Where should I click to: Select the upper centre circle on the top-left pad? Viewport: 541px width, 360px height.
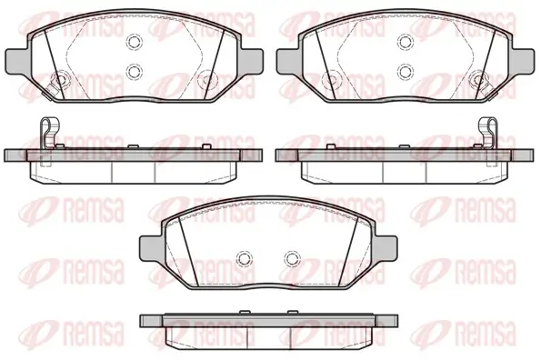click(x=135, y=42)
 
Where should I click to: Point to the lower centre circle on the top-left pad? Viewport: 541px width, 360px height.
click(x=135, y=72)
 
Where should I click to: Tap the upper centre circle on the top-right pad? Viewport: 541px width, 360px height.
click(x=406, y=42)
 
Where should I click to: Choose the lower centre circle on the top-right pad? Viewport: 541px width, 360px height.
click(x=406, y=72)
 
